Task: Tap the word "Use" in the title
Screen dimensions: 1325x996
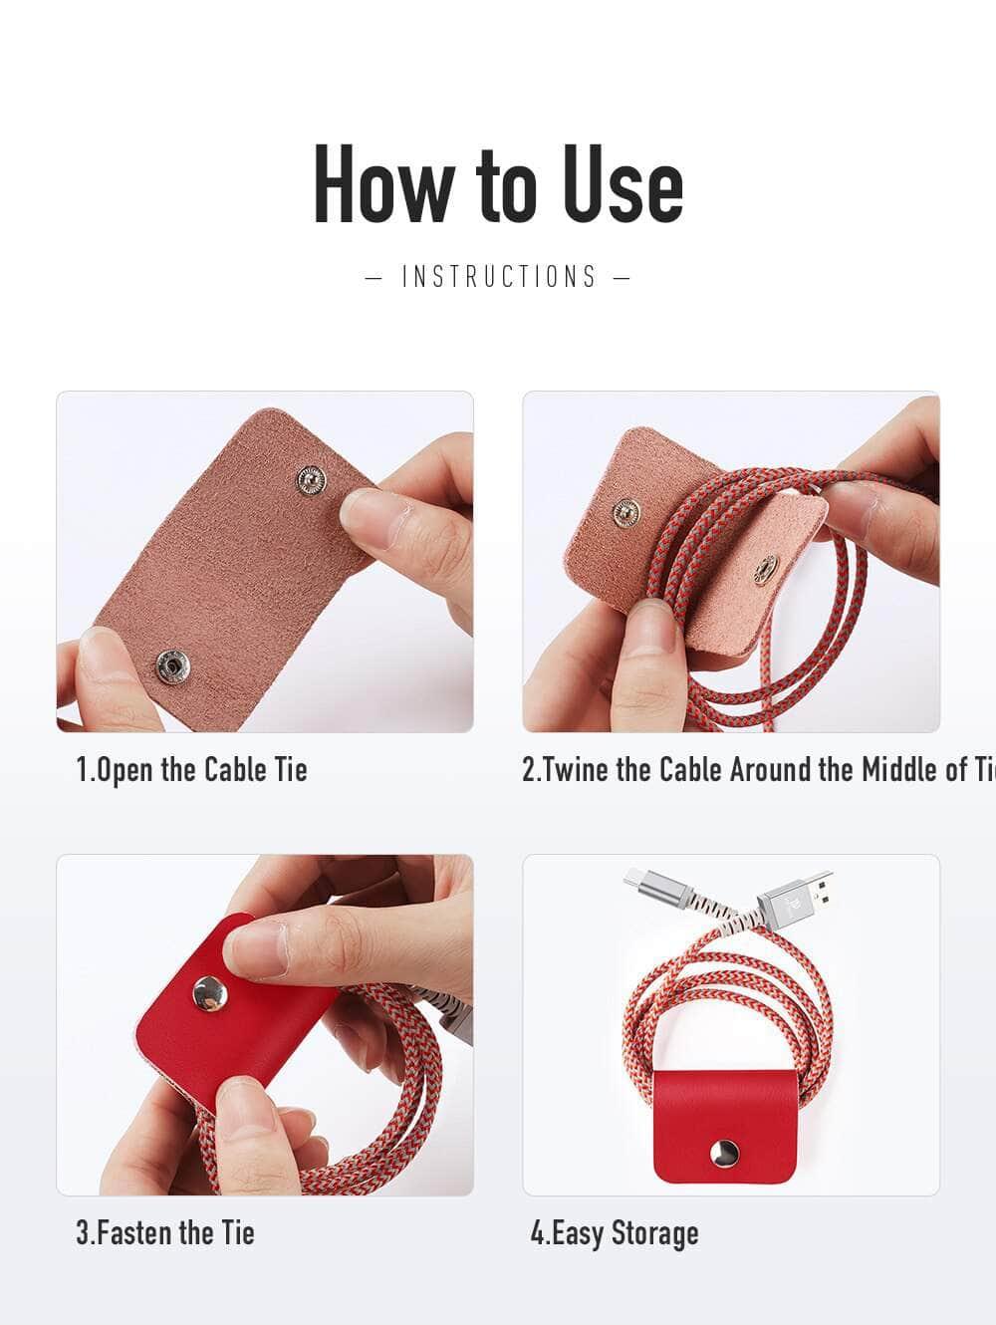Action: (622, 185)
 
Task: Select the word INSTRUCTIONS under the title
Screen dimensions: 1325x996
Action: (498, 276)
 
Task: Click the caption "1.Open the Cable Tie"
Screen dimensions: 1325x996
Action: (191, 769)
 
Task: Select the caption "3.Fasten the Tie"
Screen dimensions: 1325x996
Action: (165, 1232)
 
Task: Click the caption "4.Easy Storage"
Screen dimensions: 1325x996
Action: (614, 1232)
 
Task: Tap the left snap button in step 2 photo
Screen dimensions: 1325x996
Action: (626, 511)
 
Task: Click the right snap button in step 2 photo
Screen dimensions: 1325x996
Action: (765, 571)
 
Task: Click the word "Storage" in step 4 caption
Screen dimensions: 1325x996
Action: (654, 1232)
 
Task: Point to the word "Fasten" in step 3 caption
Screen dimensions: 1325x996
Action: (134, 1232)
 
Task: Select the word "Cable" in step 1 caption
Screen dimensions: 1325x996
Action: (236, 769)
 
